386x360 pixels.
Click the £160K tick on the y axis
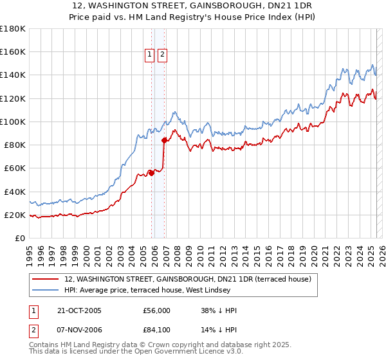click(x=12, y=51)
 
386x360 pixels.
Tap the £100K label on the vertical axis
click(x=12, y=122)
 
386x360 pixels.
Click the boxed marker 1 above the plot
click(x=150, y=55)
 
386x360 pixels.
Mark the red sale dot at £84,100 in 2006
click(x=164, y=139)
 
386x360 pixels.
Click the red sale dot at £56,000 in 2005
click(x=152, y=172)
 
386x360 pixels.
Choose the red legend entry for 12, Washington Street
click(x=188, y=279)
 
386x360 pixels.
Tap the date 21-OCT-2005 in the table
click(x=79, y=310)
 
